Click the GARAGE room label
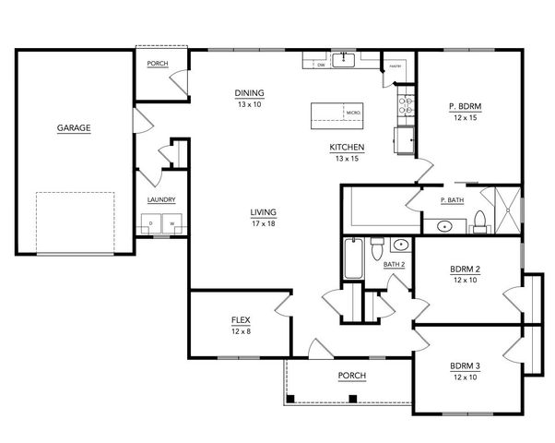point(74,128)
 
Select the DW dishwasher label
point(321,66)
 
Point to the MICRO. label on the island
point(352,113)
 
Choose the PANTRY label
point(394,66)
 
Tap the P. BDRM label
point(466,106)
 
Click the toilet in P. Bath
point(479,220)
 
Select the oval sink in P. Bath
point(444,225)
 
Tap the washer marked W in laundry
point(171,224)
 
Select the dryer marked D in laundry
point(150,224)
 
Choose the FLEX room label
point(241,320)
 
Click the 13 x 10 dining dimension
point(250,104)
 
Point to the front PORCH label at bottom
point(351,376)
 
